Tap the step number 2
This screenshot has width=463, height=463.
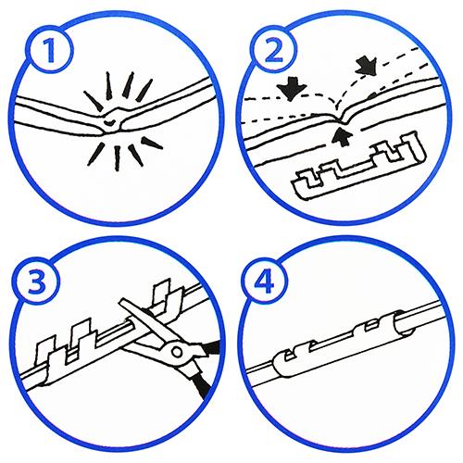(273, 50)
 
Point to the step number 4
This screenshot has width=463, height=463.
(264, 281)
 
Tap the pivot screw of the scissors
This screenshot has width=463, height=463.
(177, 352)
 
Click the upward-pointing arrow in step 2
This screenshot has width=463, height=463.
(342, 136)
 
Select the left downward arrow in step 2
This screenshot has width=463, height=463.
(292, 88)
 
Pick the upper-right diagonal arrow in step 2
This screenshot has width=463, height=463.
(367, 66)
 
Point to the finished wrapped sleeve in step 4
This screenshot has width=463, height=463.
(343, 343)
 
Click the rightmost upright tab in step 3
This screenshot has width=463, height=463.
(163, 294)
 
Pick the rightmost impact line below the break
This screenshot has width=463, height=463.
(152, 144)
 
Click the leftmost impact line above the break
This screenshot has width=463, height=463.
(94, 101)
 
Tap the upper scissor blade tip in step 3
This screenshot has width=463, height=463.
(121, 301)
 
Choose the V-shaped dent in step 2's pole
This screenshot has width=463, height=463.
(341, 119)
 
